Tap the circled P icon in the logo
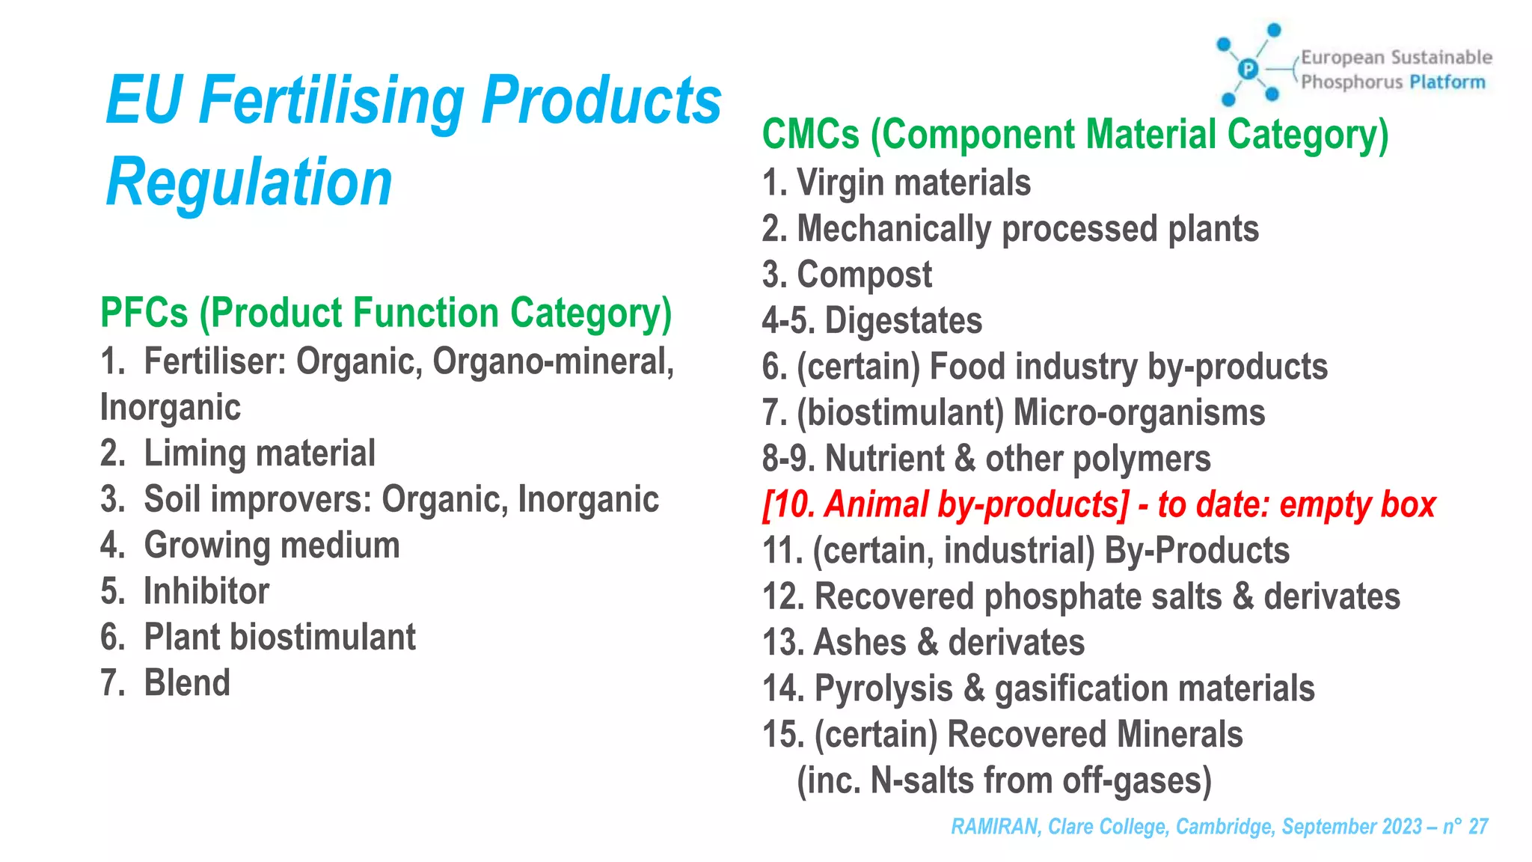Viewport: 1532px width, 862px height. click(1248, 69)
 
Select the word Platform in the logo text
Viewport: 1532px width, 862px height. click(1447, 82)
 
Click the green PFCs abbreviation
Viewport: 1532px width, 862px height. click(144, 313)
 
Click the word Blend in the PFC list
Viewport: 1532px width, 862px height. click(187, 683)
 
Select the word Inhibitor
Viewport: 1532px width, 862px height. click(206, 591)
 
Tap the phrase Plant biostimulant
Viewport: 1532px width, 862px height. click(280, 638)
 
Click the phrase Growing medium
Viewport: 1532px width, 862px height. click(272, 545)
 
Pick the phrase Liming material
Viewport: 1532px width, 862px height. click(260, 453)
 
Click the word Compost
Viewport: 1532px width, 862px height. click(865, 275)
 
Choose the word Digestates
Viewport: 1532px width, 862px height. click(904, 321)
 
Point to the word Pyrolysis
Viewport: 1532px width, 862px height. click(883, 688)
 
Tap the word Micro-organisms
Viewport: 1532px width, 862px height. click(1139, 413)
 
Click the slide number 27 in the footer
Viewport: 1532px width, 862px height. click(1478, 826)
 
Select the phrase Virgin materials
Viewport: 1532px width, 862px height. click(914, 183)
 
